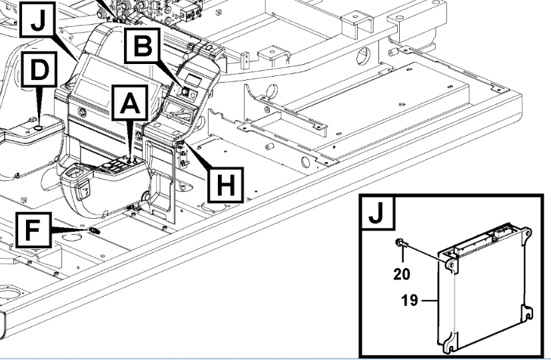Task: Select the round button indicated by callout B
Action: pyautogui.click(x=187, y=85)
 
